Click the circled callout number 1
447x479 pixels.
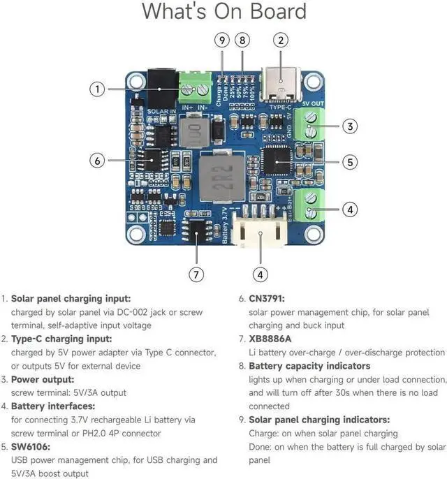coord(98,89)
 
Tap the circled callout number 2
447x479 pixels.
coord(280,40)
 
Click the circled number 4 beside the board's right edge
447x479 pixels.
coord(351,209)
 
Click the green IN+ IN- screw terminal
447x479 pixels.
coord(196,87)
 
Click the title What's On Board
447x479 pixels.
coord(223,12)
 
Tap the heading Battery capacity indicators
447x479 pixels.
coord(309,366)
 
